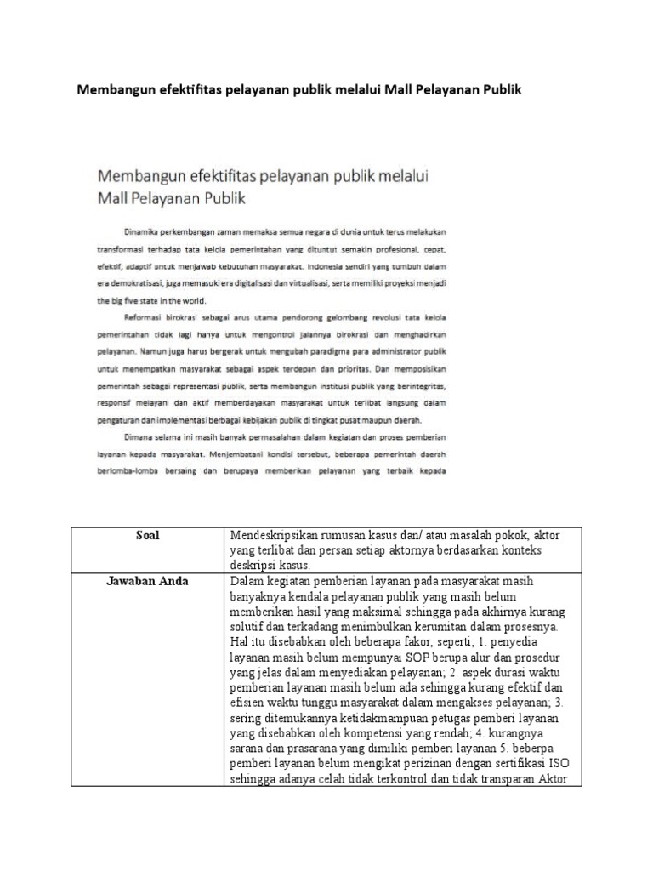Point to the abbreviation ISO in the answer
569,763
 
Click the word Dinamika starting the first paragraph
145,231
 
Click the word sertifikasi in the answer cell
522,763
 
